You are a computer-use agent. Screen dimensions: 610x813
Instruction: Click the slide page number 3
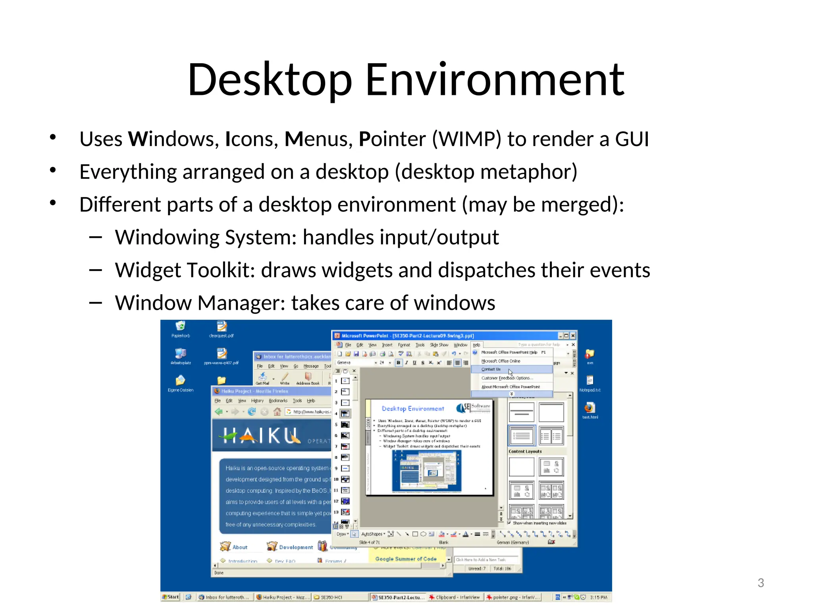click(x=761, y=583)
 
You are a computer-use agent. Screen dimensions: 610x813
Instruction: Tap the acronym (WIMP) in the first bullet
click(x=466, y=139)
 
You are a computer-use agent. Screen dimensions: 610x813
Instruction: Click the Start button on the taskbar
click(x=171, y=597)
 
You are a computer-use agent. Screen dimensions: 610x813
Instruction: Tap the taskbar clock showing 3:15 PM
click(x=599, y=597)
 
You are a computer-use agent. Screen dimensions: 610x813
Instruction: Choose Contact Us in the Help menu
click(x=491, y=369)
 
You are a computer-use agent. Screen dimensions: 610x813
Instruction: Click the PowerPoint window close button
click(x=573, y=336)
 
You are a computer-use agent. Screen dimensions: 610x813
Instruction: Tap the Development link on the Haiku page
click(x=295, y=547)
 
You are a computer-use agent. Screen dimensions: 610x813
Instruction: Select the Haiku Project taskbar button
click(x=282, y=597)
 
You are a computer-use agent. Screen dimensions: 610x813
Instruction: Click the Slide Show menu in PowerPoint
click(x=439, y=345)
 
